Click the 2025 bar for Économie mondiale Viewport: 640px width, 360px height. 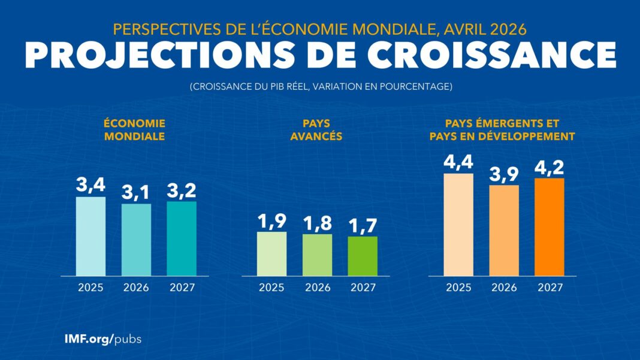click(90, 236)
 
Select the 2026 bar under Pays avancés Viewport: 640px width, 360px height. click(318, 255)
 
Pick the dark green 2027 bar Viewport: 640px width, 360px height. click(363, 256)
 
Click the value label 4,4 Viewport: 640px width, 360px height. click(458, 162)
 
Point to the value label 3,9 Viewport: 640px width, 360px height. click(504, 174)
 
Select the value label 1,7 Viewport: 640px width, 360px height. click(363, 225)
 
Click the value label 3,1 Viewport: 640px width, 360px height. click(136, 193)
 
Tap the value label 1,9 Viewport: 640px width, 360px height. click(272, 221)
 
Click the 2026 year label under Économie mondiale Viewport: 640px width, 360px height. click(136, 287)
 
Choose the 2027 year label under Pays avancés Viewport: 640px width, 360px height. click(363, 287)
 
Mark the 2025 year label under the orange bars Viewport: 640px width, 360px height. click(458, 287)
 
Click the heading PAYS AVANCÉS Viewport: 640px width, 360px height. click(316, 129)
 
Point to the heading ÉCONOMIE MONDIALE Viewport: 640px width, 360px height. click(134, 129)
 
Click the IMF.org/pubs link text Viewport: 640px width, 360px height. click(103, 338)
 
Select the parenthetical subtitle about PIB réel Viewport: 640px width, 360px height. click(321, 87)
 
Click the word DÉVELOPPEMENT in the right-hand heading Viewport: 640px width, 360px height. click(528, 137)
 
